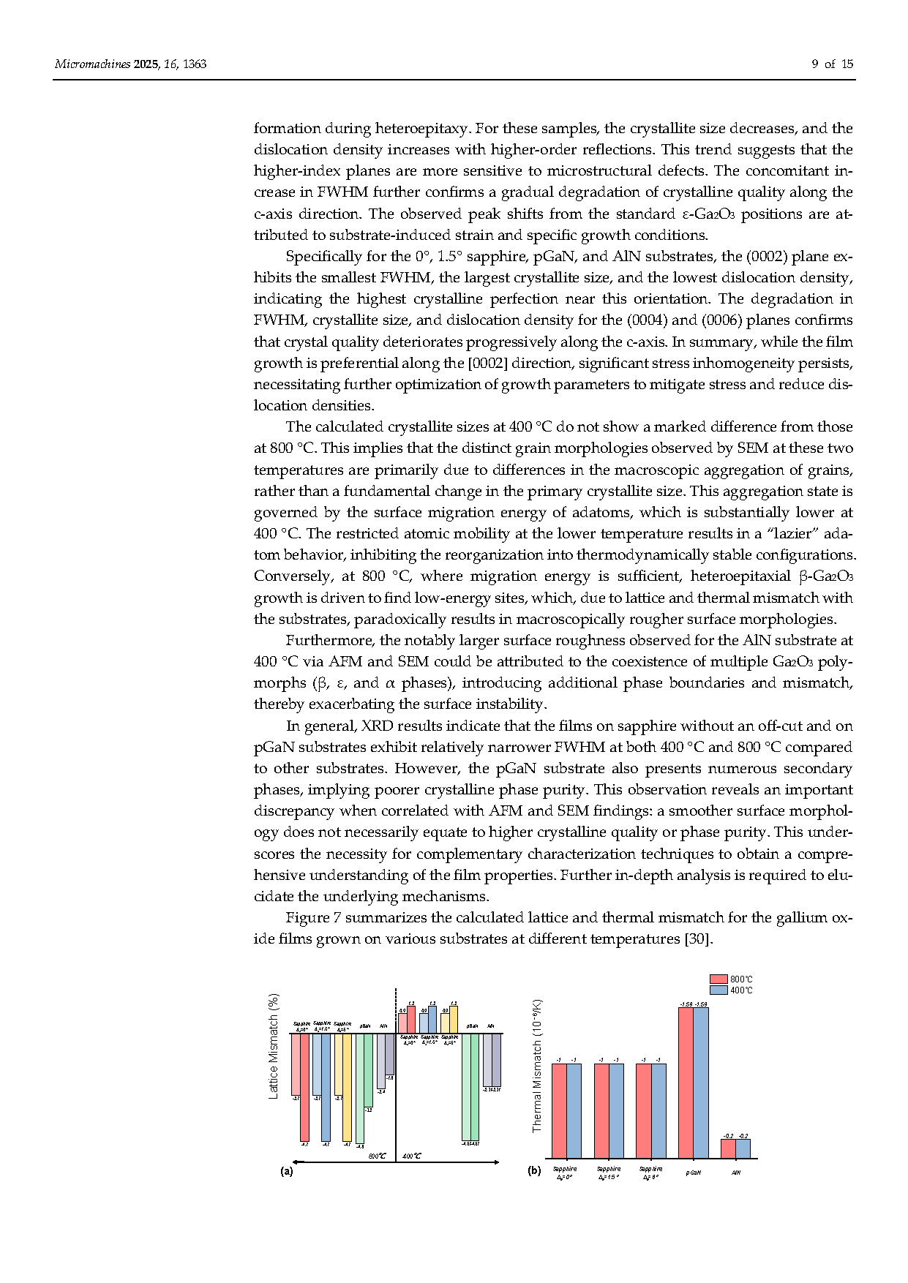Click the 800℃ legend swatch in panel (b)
[x=718, y=979]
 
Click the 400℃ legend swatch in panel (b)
[x=718, y=990]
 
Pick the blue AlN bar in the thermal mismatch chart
[x=743, y=1148]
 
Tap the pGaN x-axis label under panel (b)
[x=693, y=1173]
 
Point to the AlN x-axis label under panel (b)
[x=736, y=1173]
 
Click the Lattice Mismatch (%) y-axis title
[x=274, y=1045]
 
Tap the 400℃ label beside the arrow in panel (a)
[x=412, y=1156]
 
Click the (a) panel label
[x=287, y=1171]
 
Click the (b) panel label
[x=534, y=1171]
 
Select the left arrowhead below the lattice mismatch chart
[x=294, y=1162]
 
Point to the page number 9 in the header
[x=815, y=64]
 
